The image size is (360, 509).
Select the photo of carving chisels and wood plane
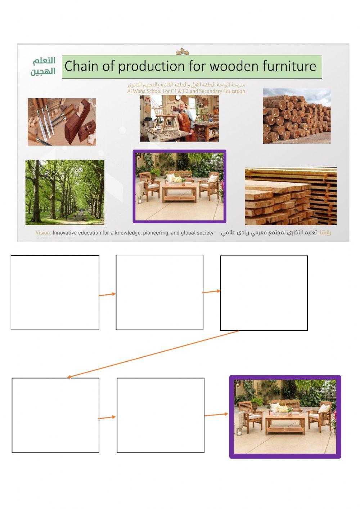tap(62, 122)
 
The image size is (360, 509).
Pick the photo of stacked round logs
tap(297, 116)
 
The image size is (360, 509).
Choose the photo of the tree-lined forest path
tap(65, 192)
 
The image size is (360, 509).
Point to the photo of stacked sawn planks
tap(291, 196)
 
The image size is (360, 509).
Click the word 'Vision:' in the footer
tap(43, 233)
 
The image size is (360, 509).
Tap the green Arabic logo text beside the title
tap(43, 66)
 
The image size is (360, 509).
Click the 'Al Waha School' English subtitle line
tap(186, 91)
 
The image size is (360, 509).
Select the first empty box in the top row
tap(55, 293)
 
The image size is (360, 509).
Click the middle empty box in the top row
tap(159, 293)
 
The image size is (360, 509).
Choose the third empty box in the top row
tap(264, 293)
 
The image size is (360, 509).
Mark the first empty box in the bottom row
tap(55, 415)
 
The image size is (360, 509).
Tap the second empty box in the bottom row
tap(161, 415)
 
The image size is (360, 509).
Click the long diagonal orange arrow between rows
tap(153, 354)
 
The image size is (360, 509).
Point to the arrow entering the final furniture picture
tap(216, 415)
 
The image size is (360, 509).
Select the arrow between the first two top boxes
tap(107, 295)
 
